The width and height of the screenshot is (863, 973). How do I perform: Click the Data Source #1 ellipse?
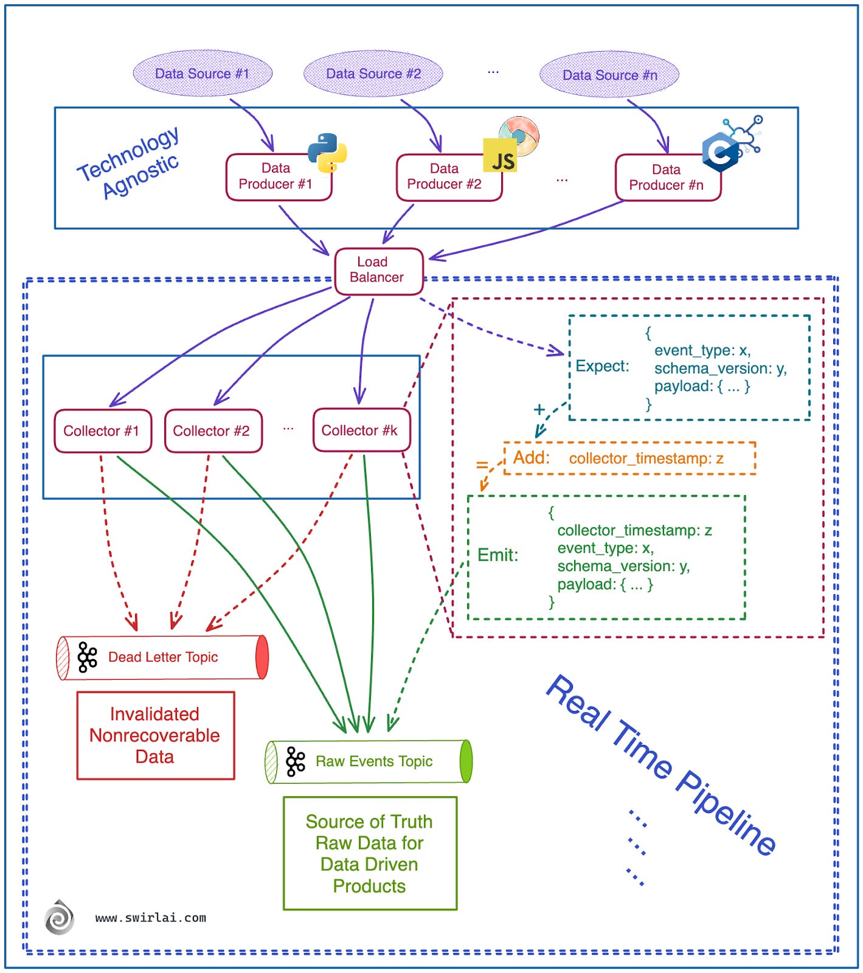[203, 74]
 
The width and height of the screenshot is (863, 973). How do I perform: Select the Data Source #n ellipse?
[609, 75]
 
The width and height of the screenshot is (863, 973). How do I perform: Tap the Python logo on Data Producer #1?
[327, 153]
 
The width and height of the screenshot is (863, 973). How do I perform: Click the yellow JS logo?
[500, 156]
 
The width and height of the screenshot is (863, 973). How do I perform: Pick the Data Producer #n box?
[667, 178]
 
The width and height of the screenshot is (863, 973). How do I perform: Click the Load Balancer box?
[378, 271]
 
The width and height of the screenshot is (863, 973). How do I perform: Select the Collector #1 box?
[102, 431]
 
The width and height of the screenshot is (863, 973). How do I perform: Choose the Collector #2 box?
[213, 431]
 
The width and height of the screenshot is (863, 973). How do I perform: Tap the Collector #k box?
[361, 431]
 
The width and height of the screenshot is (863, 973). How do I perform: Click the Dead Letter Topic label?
[163, 657]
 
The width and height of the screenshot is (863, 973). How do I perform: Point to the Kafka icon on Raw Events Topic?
[296, 761]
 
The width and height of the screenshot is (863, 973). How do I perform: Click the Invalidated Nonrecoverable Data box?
[155, 736]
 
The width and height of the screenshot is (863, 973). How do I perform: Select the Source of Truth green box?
[370, 853]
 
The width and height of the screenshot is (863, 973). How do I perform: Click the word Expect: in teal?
[602, 366]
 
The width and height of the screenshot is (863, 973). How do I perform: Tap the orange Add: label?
[531, 457]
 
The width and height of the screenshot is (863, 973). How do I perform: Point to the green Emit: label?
[497, 555]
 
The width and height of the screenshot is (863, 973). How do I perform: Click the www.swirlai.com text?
[151, 918]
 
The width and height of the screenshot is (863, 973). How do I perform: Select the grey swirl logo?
[60, 918]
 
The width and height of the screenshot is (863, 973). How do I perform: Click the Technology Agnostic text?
[130, 163]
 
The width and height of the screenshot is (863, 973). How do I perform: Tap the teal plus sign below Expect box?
[539, 410]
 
